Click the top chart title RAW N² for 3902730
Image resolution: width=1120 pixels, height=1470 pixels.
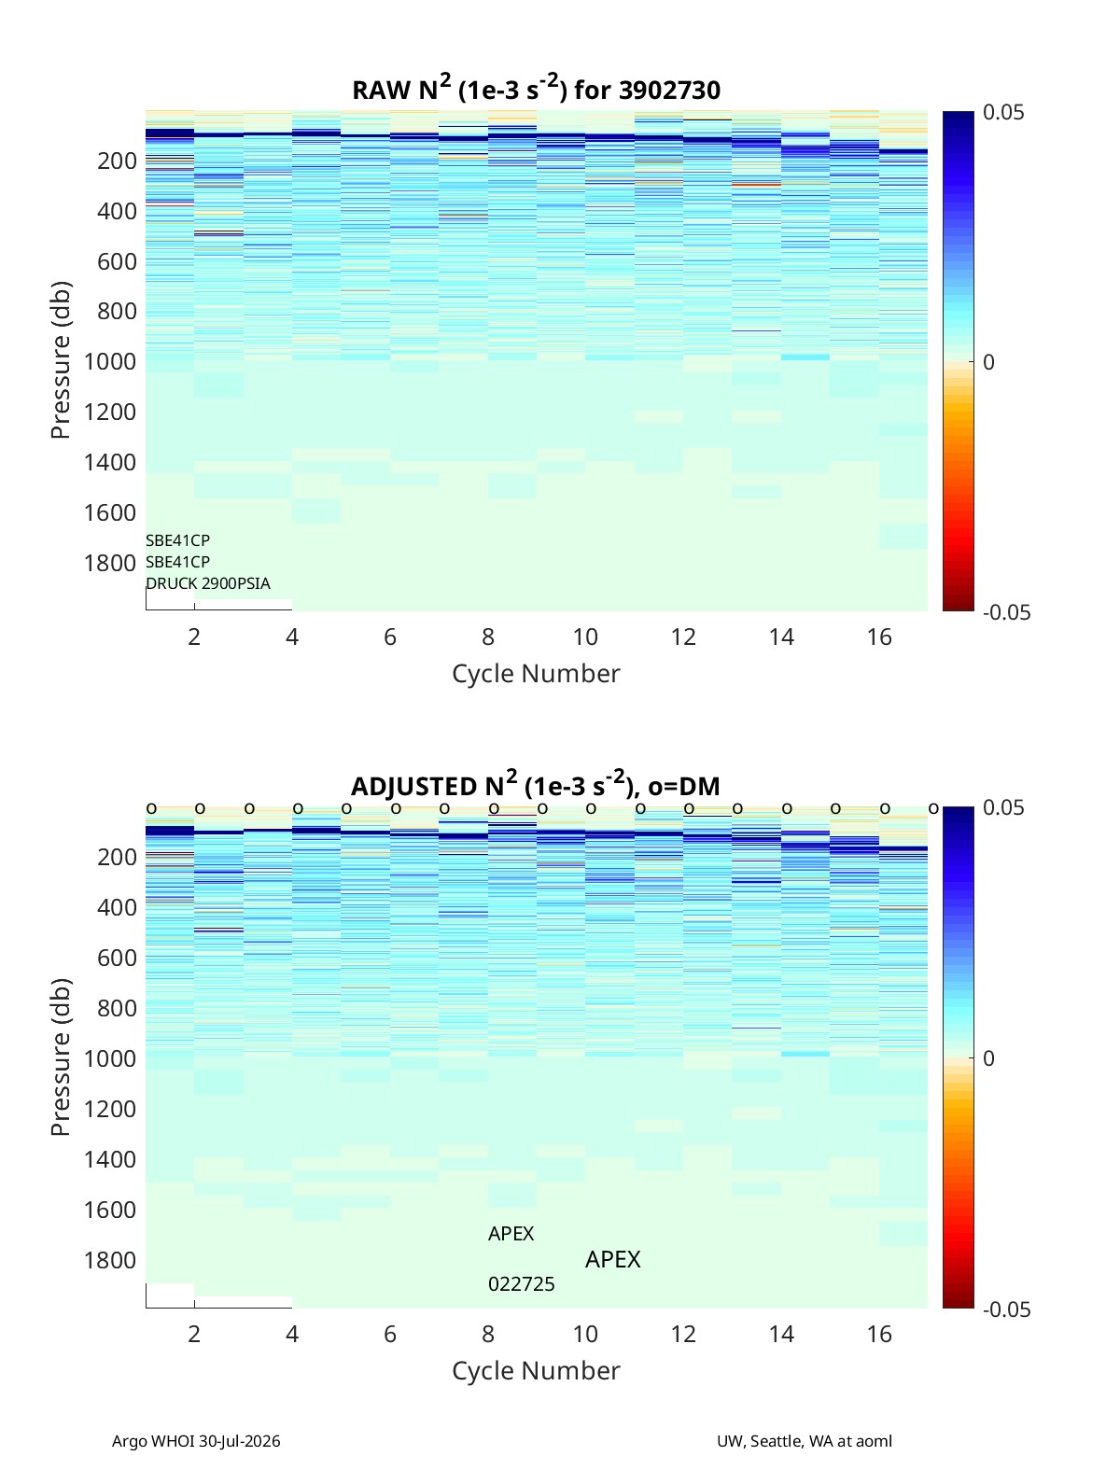(536, 89)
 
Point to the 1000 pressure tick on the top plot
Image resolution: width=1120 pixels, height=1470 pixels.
(110, 361)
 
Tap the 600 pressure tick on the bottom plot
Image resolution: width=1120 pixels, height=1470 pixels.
(117, 958)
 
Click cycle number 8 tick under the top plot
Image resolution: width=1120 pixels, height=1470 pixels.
(487, 637)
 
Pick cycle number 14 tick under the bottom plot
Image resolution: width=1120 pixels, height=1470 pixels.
(780, 1334)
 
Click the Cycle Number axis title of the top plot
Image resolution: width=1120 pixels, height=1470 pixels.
(536, 673)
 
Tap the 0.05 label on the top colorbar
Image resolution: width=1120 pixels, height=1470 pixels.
(1002, 112)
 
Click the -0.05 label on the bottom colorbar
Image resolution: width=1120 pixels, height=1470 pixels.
(1006, 1309)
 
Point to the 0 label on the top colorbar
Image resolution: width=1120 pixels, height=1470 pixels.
(988, 362)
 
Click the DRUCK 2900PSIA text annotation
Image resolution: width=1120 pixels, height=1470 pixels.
(208, 583)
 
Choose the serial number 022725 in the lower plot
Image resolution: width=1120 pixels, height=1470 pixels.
(521, 1284)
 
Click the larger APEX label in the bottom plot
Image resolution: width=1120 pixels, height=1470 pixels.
(612, 1259)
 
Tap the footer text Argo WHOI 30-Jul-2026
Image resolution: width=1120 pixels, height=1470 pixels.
(196, 1441)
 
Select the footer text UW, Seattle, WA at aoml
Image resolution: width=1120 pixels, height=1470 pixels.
(804, 1441)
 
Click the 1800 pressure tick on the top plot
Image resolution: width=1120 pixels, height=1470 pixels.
(110, 563)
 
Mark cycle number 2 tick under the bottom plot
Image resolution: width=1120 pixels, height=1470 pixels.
(194, 1334)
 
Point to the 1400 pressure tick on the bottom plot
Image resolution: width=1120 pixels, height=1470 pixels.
(110, 1159)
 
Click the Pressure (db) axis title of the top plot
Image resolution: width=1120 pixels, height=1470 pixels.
(61, 360)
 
